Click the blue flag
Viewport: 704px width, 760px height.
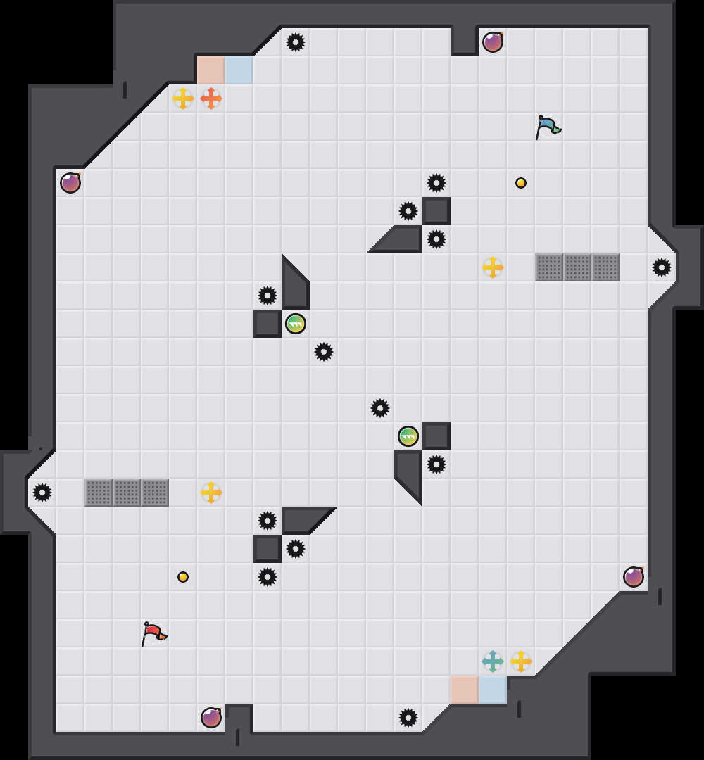tap(548, 127)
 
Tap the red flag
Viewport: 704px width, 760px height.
tap(153, 633)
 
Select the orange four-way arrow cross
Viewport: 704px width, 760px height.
tap(211, 99)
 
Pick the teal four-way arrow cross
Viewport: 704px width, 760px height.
tap(493, 661)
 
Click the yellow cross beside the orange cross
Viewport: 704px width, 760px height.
tap(183, 99)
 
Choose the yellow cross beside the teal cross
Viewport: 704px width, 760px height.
tap(521, 661)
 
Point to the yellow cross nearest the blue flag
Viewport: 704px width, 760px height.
tap(493, 267)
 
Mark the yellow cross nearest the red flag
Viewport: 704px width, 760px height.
tap(211, 493)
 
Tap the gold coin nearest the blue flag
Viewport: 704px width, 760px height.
tap(521, 183)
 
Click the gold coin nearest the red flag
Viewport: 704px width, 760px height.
tap(183, 577)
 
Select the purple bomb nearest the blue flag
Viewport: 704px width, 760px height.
tap(493, 42)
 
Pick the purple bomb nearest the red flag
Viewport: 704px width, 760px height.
tap(211, 718)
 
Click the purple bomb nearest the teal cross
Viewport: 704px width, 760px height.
tap(634, 577)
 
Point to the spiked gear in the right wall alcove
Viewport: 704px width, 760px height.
tap(662, 267)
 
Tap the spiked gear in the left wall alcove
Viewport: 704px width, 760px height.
tap(42, 493)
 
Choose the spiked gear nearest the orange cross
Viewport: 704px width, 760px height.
tap(296, 42)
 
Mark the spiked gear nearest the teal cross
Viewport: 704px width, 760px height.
tap(408, 718)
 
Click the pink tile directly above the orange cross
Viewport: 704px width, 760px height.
tap(211, 70)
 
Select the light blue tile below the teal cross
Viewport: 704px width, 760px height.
tap(493, 690)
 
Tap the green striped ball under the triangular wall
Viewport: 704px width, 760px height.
tap(296, 324)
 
